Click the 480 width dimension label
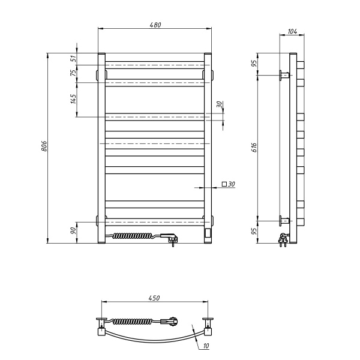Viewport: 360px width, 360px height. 155,25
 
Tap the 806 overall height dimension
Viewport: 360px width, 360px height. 44,146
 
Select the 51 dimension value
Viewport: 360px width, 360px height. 74,59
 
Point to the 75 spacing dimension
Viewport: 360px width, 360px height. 73,73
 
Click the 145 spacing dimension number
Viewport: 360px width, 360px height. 73,99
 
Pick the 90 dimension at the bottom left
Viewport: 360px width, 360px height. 73,230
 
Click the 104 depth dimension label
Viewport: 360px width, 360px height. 292,31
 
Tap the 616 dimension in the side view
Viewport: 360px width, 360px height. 254,148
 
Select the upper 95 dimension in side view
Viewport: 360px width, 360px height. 254,63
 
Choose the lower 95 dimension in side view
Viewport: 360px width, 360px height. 254,231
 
